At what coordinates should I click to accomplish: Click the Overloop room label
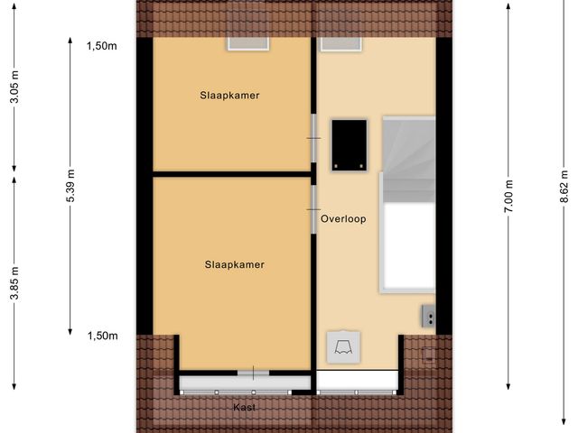343,217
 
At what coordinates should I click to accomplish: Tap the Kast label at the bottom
244,407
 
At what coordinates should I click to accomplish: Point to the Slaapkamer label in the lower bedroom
234,264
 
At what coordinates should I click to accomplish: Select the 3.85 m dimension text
14,281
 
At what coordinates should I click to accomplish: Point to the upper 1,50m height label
102,46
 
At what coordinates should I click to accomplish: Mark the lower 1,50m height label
102,336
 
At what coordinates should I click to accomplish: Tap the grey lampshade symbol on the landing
343,345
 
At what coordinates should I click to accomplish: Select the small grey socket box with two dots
428,316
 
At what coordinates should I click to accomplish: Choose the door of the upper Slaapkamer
313,138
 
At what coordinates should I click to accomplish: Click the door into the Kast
253,373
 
